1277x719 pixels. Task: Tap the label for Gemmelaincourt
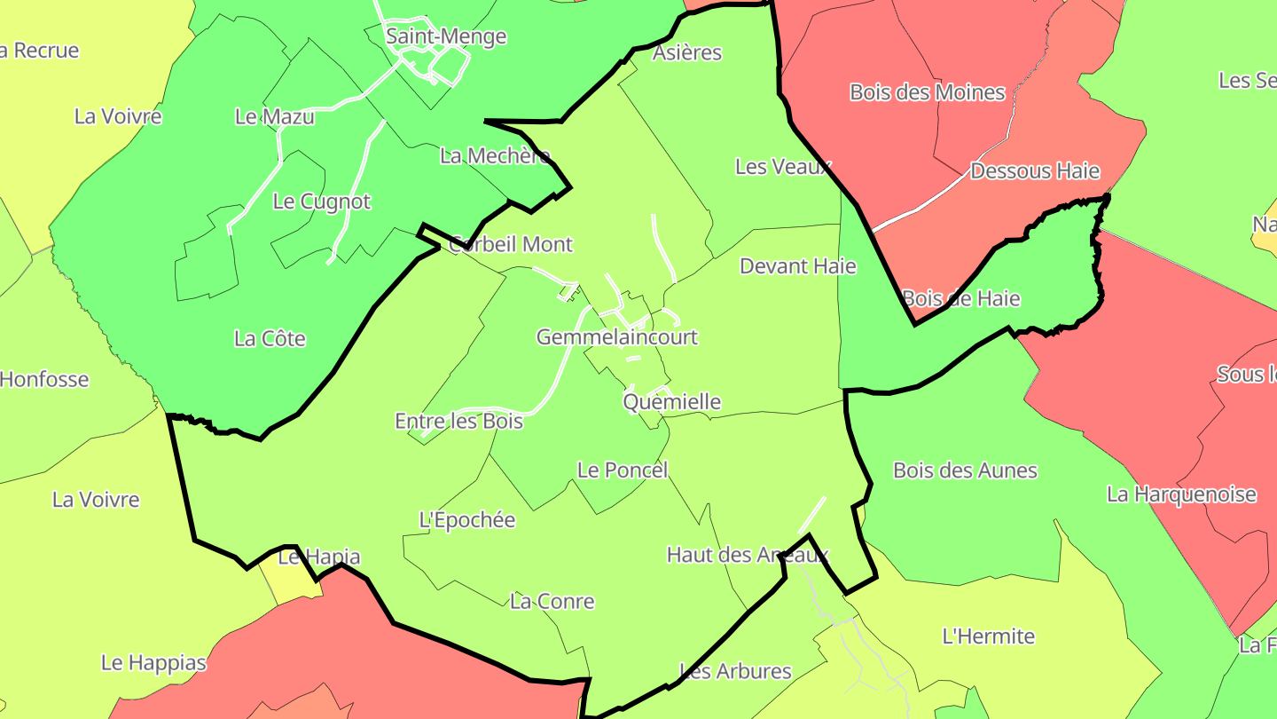[x=617, y=337]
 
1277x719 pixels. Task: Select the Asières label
[x=687, y=52]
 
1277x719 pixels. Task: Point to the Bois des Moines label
[x=928, y=92]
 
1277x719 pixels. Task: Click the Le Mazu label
[x=275, y=116]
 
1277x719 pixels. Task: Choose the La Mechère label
[x=495, y=156]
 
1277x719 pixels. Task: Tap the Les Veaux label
[x=783, y=167]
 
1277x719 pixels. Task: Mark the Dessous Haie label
[x=1035, y=170]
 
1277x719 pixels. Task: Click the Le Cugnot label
[x=322, y=201]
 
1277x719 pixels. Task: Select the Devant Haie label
[x=798, y=266]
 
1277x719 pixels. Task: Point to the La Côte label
[x=270, y=338]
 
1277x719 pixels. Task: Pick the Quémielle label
[x=672, y=402]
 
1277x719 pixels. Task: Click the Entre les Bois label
[x=458, y=421]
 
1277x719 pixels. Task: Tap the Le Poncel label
[x=623, y=470]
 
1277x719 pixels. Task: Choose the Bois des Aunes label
[x=965, y=470]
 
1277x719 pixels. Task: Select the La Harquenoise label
[x=1181, y=494]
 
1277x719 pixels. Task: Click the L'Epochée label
[x=467, y=520]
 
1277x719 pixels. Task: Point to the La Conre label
[x=552, y=602]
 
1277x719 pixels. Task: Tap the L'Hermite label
[x=989, y=636]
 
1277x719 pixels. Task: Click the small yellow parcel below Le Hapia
[x=289, y=585]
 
